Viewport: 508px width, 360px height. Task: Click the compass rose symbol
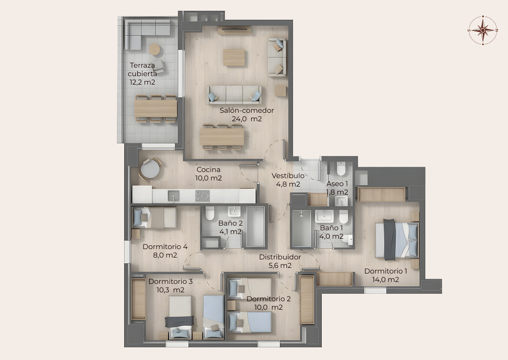coord(483,30)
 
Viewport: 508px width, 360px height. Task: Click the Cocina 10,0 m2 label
coord(208,173)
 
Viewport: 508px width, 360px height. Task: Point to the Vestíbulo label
coord(288,175)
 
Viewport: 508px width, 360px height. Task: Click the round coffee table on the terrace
coord(155,49)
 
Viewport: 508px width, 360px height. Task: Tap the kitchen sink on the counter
coord(174,196)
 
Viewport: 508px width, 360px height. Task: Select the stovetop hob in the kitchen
coord(202,196)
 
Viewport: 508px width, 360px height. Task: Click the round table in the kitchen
coord(150,169)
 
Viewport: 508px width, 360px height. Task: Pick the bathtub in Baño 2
coord(256,227)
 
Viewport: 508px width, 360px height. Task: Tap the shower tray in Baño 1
coord(302,229)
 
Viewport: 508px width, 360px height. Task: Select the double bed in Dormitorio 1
coord(397,240)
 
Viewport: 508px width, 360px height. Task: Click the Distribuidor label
coord(280,257)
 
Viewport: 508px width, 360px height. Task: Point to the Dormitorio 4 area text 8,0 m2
coord(165,255)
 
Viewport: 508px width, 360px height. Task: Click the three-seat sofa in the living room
coord(234,95)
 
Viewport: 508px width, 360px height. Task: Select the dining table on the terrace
coord(156,108)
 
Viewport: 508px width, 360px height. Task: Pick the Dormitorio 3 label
coord(170,282)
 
